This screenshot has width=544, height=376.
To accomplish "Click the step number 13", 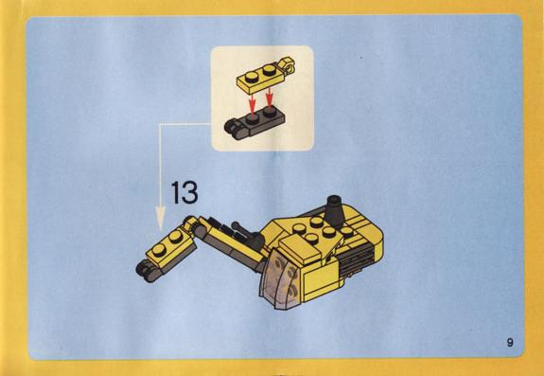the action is (x=184, y=192).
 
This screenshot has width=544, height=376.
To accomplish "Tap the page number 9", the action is (x=510, y=342).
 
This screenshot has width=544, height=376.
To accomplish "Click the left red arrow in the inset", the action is (x=253, y=100).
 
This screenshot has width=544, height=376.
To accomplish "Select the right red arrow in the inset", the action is (x=270, y=97).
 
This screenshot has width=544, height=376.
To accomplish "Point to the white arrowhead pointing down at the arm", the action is (x=160, y=218).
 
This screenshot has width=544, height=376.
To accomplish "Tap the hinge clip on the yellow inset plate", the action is (x=287, y=65).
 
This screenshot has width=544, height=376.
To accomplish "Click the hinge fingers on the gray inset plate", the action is (x=233, y=129).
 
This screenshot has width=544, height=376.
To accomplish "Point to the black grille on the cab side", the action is (x=358, y=259).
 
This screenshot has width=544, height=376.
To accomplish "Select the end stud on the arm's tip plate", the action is (x=159, y=250).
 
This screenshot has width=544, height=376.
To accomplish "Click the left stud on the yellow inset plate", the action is (x=251, y=77).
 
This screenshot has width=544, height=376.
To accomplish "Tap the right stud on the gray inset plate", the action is (x=269, y=111).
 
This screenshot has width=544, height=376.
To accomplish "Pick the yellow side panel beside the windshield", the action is (x=320, y=280).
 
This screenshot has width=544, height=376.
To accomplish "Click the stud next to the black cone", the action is (x=346, y=231).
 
